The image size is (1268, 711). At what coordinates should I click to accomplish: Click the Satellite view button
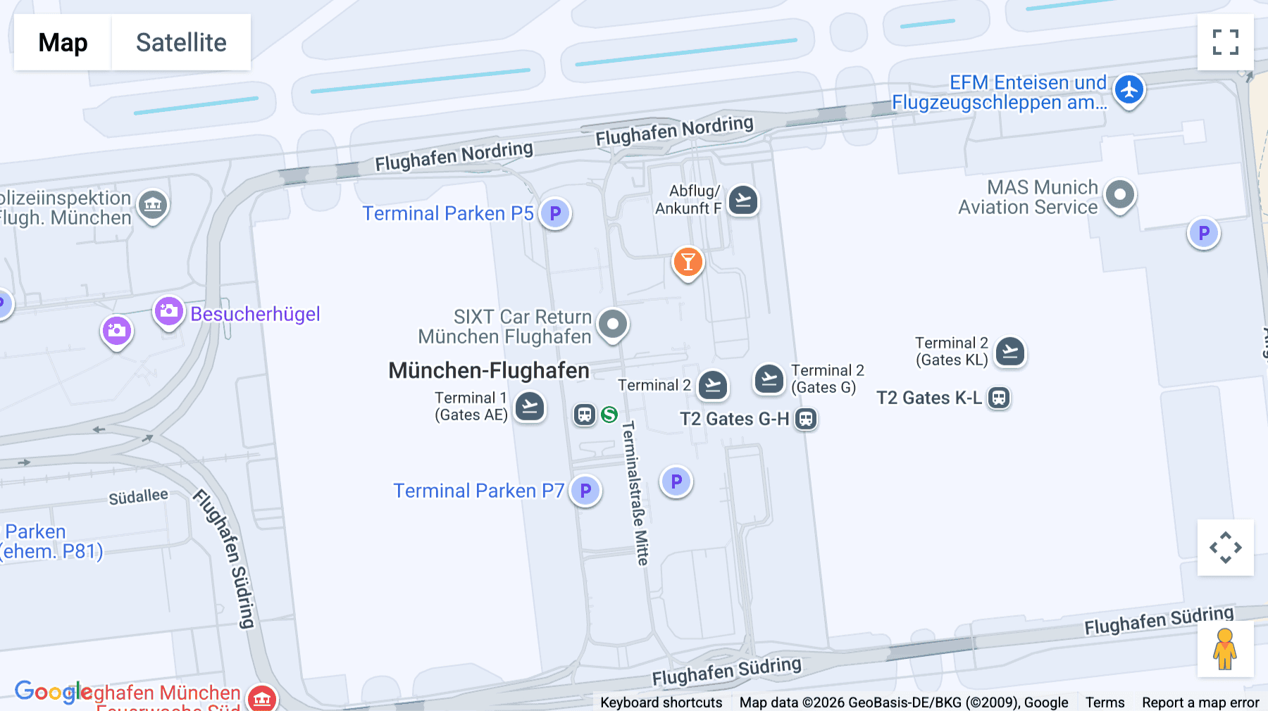(x=181, y=42)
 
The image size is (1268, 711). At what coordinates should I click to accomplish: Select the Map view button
(x=63, y=42)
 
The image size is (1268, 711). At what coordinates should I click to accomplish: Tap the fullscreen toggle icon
(x=1225, y=42)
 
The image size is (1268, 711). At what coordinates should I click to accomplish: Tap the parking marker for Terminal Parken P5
(x=555, y=213)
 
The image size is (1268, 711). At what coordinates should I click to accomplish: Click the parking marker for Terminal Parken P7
(x=585, y=491)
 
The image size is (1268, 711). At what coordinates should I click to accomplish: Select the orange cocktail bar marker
(x=688, y=262)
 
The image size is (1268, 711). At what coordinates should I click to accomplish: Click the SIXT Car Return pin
(x=613, y=325)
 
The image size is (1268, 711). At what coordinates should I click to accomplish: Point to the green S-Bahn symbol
(x=609, y=415)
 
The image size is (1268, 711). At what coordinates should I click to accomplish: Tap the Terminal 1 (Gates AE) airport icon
(x=530, y=406)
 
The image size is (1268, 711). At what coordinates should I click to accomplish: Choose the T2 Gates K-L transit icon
(x=999, y=398)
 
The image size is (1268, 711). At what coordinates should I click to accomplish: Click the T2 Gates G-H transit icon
(x=806, y=419)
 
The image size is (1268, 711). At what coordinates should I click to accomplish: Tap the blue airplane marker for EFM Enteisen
(x=1129, y=90)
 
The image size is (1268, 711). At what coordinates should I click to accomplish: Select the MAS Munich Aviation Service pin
(x=1120, y=194)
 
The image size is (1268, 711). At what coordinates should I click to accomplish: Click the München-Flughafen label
(x=489, y=370)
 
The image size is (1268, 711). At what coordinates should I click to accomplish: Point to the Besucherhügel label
(x=255, y=314)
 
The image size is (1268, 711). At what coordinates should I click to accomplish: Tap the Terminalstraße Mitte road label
(x=635, y=493)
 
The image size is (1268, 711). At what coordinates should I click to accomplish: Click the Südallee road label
(x=138, y=497)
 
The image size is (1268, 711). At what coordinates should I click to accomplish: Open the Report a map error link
(x=1200, y=703)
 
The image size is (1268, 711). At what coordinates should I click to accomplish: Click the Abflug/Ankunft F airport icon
(x=742, y=201)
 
